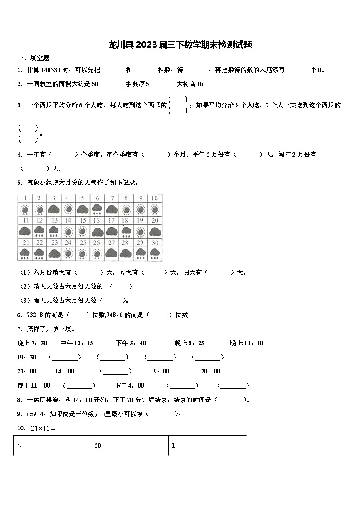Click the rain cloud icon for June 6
point(97,209)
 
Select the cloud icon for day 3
point(54,209)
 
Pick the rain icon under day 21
point(25,253)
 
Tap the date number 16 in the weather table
point(97,220)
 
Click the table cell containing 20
point(130,446)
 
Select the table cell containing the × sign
point(52,446)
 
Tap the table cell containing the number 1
point(207,446)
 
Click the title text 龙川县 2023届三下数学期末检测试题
point(180,45)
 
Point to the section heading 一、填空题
point(33,58)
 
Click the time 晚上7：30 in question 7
point(32,343)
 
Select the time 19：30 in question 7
point(27,357)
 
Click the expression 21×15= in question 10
point(43,428)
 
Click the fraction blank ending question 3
point(29,133)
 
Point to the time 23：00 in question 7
point(27,371)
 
